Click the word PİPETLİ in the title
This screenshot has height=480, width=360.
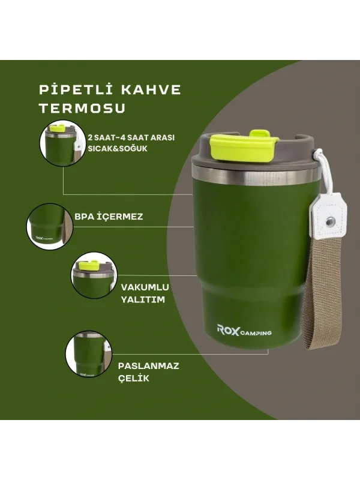(76, 89)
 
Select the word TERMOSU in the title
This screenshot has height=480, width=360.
(82, 109)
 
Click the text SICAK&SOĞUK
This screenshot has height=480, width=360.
(118, 148)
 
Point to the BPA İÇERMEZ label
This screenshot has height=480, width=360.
(109, 217)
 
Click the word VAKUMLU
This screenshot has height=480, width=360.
(145, 287)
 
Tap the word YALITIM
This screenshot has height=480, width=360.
(143, 299)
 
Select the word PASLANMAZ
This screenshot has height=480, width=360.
(148, 366)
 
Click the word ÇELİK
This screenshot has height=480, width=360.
(133, 378)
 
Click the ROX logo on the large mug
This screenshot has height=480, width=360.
(228, 330)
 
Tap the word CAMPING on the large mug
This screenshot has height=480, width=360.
(256, 333)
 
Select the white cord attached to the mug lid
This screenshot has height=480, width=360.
(318, 172)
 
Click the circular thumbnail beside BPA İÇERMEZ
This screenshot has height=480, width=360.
(50, 226)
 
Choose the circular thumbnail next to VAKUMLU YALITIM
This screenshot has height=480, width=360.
(94, 275)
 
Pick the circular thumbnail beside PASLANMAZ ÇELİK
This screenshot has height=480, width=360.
(89, 353)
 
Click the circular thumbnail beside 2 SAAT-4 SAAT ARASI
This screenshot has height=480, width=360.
(63, 143)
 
